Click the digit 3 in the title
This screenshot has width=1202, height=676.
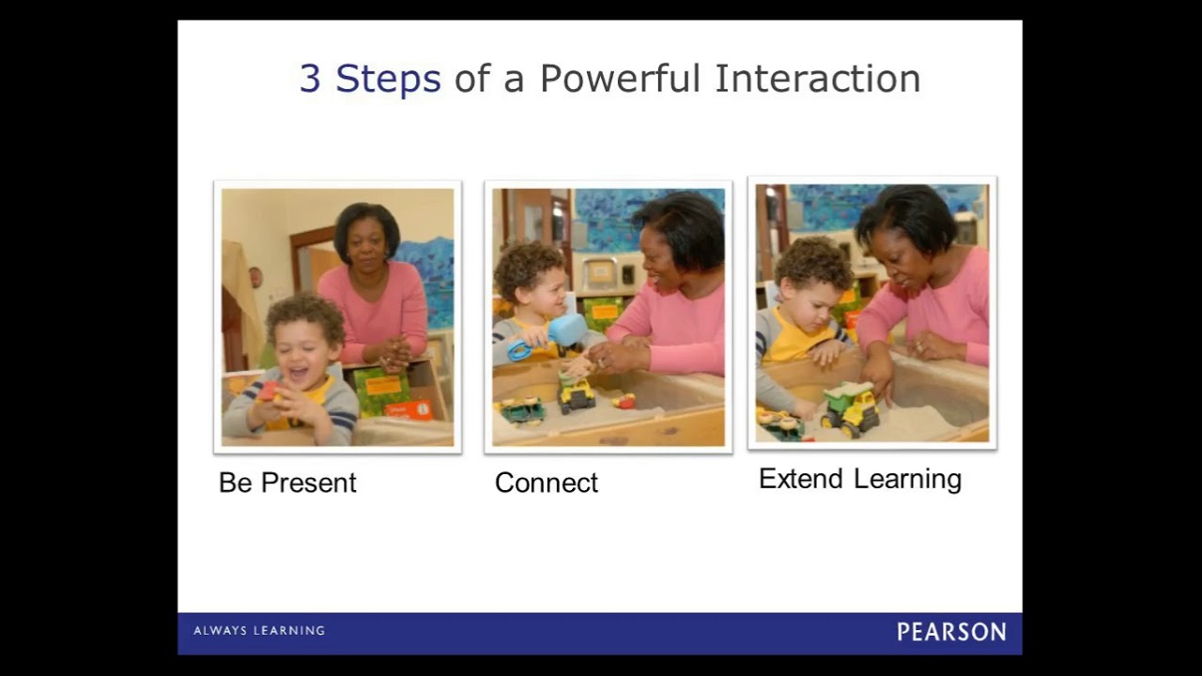tap(310, 79)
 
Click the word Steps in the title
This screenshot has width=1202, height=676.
tap(388, 79)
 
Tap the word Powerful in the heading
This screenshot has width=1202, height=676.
tap(620, 79)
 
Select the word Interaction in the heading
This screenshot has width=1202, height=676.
tap(817, 79)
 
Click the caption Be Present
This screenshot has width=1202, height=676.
tap(287, 483)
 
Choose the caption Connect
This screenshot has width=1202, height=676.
tap(546, 483)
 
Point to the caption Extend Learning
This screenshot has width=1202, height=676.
tap(859, 479)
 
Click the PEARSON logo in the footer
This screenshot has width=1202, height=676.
tap(950, 632)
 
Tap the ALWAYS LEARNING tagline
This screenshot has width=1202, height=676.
tap(259, 631)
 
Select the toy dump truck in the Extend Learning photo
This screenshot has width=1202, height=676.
tap(849, 407)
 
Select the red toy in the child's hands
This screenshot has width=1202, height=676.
tap(270, 392)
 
